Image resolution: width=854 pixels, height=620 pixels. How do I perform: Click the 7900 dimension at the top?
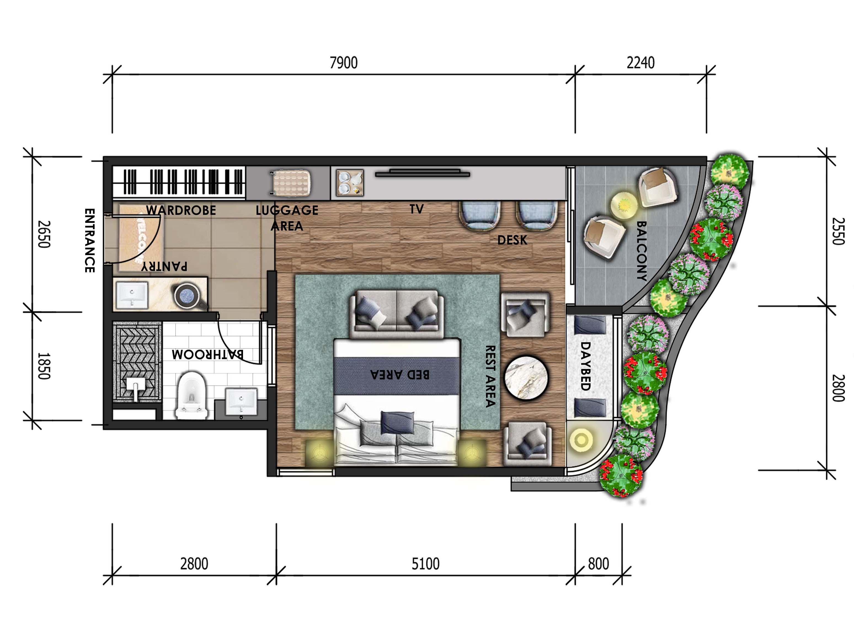tap(343, 63)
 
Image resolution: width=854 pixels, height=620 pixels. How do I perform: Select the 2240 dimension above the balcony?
tap(640, 63)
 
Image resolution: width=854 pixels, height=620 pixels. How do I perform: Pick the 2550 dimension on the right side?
tap(838, 231)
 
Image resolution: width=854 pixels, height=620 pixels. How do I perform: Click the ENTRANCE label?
tap(89, 240)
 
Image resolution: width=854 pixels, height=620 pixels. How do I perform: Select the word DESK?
tap(512, 240)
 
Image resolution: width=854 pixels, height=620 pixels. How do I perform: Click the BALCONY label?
tap(641, 251)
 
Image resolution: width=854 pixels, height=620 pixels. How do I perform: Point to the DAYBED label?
tap(585, 366)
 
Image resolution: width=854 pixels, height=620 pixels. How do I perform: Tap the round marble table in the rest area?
tap(526, 377)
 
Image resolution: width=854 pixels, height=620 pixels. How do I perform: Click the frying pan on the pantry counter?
tap(189, 296)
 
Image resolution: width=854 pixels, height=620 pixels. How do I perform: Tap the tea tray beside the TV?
tap(350, 183)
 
